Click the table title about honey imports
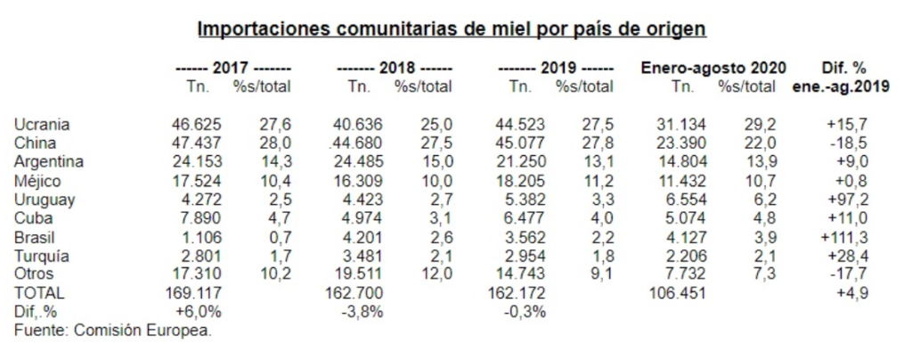(x=452, y=29)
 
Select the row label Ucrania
(x=42, y=125)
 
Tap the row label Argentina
(x=49, y=162)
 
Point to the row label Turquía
(x=42, y=256)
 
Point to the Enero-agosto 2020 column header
(x=712, y=68)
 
